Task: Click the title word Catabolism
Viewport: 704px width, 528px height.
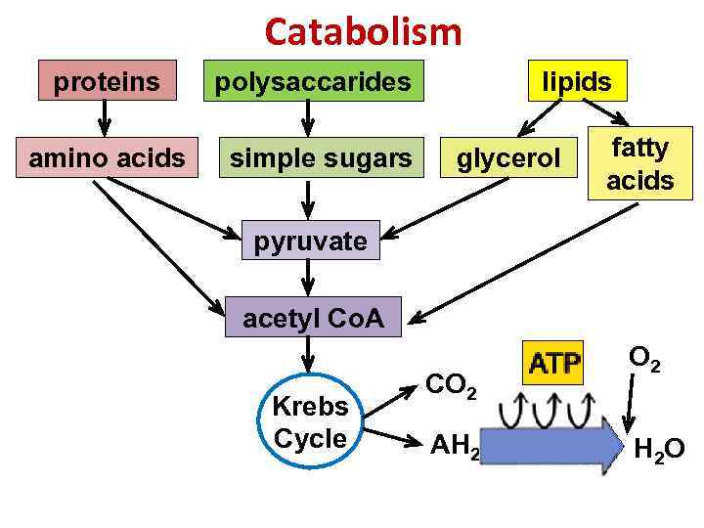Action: [363, 32]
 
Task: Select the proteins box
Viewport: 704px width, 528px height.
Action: [107, 81]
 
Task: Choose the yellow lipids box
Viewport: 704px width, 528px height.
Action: [577, 81]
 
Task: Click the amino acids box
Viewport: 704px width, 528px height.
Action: [107, 157]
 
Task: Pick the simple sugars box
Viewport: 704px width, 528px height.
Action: [321, 157]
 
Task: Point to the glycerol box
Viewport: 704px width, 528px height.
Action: [508, 158]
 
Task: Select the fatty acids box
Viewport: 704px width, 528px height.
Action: [639, 164]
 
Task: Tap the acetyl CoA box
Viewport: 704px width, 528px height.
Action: [313, 317]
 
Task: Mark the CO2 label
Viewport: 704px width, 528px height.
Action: [450, 384]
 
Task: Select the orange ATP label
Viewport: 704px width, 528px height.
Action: [554, 364]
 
